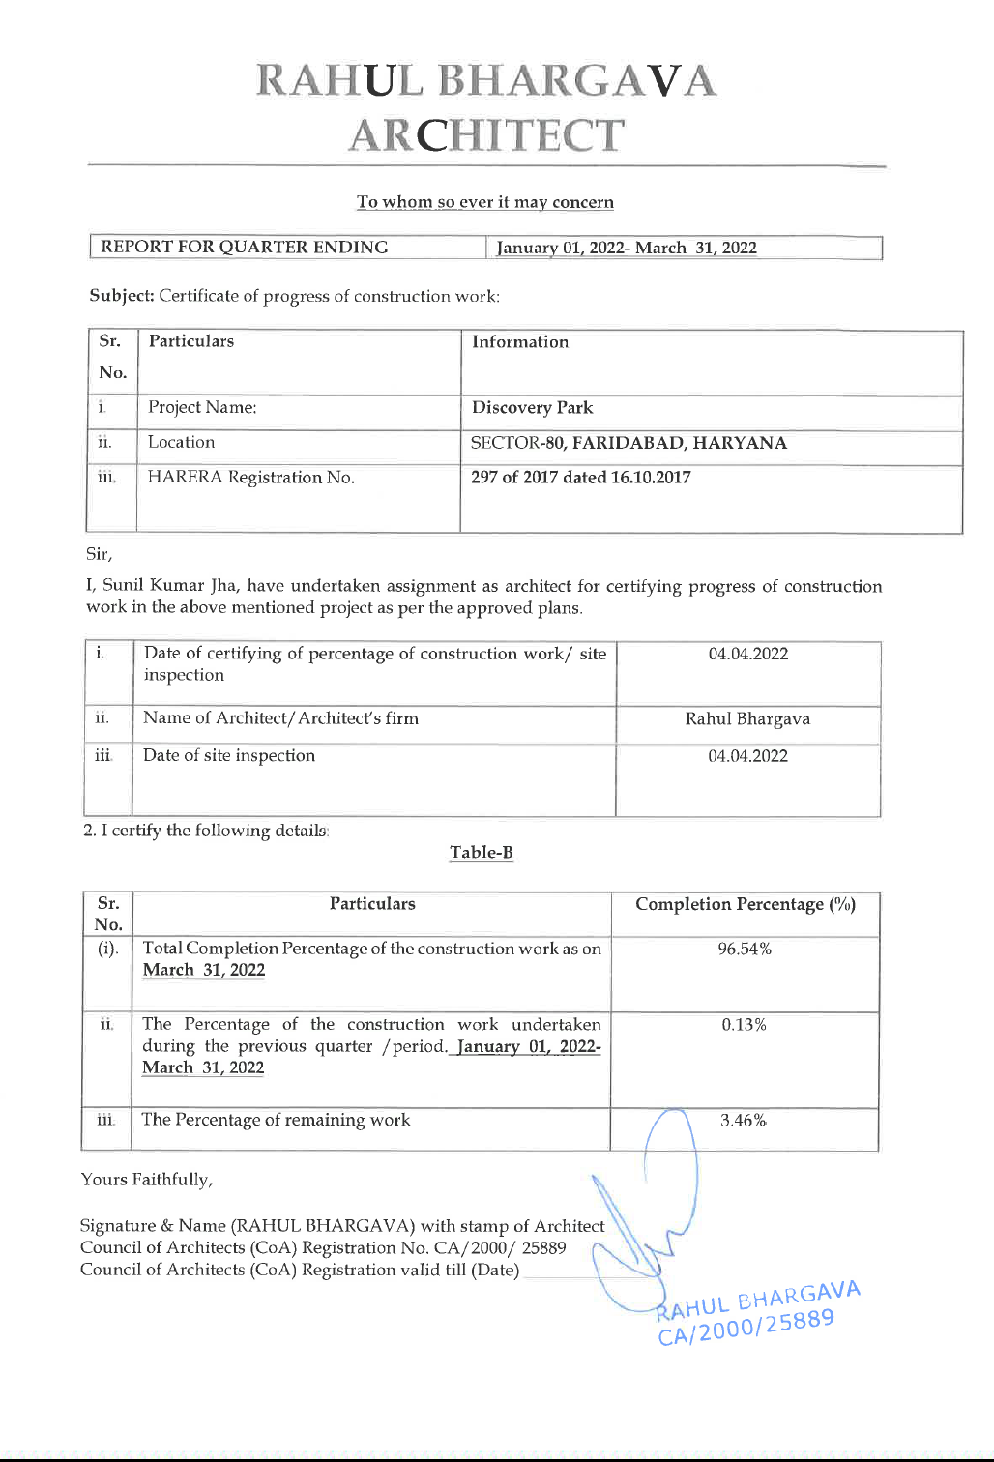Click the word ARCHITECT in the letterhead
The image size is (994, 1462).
tap(486, 135)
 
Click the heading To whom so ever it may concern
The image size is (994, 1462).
tap(484, 202)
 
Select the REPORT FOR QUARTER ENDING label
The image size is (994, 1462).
tap(245, 248)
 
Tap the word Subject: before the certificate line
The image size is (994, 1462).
tap(122, 296)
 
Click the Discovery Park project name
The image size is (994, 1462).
tap(532, 408)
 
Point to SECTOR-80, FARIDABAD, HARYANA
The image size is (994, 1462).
tap(629, 443)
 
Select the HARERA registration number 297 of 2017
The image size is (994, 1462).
tap(580, 478)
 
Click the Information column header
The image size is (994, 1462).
tap(520, 342)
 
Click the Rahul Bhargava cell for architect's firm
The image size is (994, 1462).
tap(747, 719)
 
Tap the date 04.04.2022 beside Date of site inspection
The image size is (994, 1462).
tap(747, 756)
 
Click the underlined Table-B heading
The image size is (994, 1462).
tap(482, 853)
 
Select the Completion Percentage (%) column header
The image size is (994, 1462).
tap(745, 905)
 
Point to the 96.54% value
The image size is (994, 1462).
tap(745, 950)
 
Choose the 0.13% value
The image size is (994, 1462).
tap(745, 1025)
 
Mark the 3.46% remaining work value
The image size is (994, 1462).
tap(744, 1121)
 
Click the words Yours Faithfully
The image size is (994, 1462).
tap(147, 1180)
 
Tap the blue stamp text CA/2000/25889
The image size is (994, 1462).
tap(745, 1327)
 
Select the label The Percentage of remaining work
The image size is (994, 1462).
tap(276, 1120)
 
